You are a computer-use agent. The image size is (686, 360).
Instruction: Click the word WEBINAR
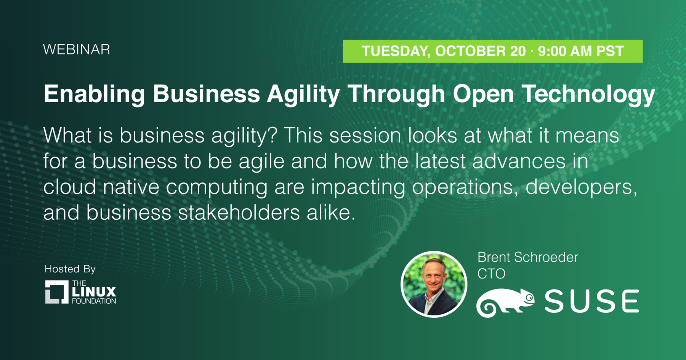pyautogui.click(x=77, y=50)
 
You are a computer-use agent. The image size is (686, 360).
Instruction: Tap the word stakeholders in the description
pyautogui.click(x=239, y=213)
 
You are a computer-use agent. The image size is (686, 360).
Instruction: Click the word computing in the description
pyautogui.click(x=216, y=187)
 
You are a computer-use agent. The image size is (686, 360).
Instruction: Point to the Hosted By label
pyautogui.click(x=70, y=269)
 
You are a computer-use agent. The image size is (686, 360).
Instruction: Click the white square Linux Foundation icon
pyautogui.click(x=57, y=292)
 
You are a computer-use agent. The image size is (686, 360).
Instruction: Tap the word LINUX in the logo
pyautogui.click(x=94, y=292)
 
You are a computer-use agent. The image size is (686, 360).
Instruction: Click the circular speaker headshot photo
pyautogui.click(x=434, y=284)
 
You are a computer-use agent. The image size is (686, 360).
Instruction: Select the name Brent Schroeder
pyautogui.click(x=527, y=257)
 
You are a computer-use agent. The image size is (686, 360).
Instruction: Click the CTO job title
pyautogui.click(x=491, y=274)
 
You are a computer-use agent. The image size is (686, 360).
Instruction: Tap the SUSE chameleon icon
pyautogui.click(x=505, y=302)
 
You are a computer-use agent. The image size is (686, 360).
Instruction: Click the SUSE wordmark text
pyautogui.click(x=591, y=301)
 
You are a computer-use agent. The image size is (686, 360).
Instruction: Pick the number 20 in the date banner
pyautogui.click(x=518, y=51)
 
